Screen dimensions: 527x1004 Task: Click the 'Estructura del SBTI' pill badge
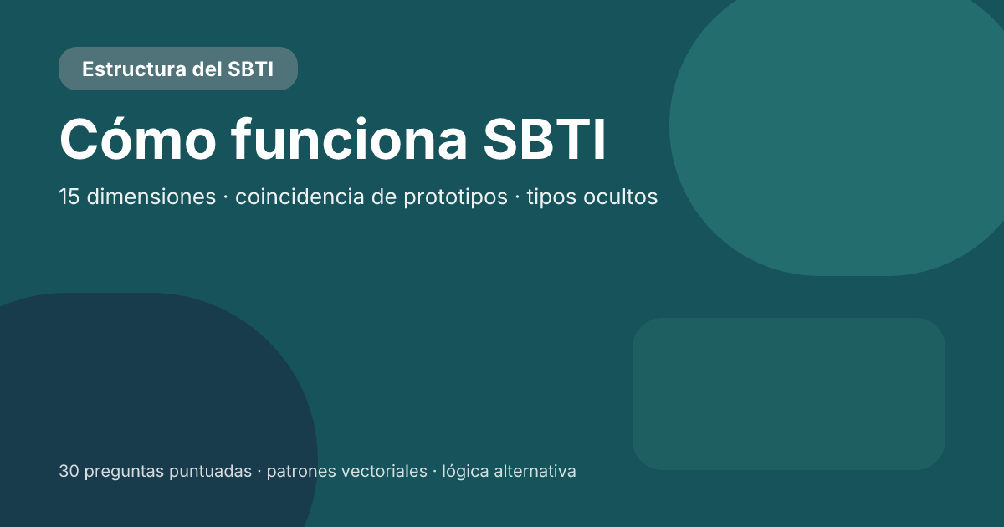pos(177,69)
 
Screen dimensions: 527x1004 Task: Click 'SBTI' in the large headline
pos(544,140)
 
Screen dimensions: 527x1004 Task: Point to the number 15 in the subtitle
pos(69,197)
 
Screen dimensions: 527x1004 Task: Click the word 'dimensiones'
pos(151,197)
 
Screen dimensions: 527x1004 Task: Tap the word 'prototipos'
pos(455,197)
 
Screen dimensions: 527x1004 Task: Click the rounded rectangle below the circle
pos(788,393)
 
